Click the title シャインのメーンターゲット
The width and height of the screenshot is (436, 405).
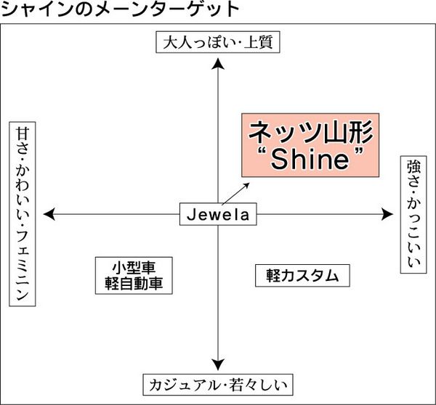coord(121,10)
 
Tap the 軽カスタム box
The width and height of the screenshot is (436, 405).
coord(297,275)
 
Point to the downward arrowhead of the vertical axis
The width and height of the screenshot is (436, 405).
coord(217,365)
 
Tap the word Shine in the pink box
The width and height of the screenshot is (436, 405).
coord(311,160)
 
